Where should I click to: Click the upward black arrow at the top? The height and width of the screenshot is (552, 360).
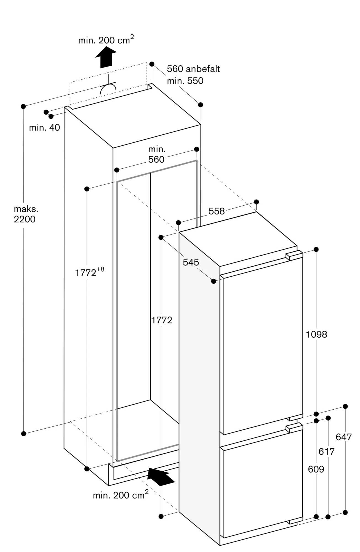[106, 57]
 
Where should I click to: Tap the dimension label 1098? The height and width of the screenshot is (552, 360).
[316, 334]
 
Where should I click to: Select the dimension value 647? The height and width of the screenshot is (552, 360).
[344, 437]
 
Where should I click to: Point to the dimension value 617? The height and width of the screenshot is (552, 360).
[327, 452]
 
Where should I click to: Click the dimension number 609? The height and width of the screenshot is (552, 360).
[316, 469]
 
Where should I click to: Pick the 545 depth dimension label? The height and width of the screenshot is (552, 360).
[191, 262]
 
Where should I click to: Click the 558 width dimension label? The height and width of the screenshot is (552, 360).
[217, 211]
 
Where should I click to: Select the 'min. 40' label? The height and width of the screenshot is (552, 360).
[44, 128]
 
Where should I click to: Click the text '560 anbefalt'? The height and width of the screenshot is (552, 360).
[193, 69]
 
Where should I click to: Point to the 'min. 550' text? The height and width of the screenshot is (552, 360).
[185, 81]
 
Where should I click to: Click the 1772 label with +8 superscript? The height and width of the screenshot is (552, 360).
[90, 272]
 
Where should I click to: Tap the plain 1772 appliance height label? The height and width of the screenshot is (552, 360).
[162, 320]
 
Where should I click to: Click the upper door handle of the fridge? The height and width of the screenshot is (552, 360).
[294, 255]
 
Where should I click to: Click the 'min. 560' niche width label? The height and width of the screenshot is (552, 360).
[156, 154]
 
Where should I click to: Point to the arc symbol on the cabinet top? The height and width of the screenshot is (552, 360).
[108, 87]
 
